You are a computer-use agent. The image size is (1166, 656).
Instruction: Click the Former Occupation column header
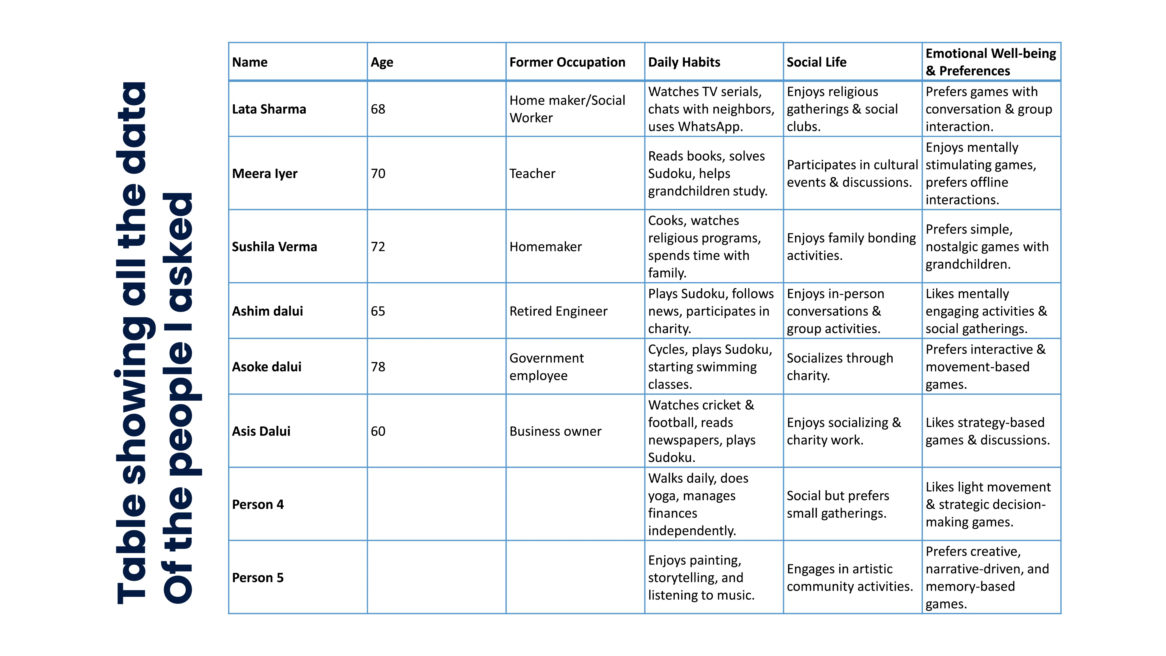(567, 62)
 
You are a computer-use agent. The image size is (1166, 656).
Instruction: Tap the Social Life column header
(816, 62)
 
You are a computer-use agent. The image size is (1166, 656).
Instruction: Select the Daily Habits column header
(684, 62)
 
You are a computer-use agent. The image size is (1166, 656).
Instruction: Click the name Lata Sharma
(269, 109)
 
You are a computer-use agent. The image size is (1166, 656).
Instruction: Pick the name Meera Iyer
(264, 173)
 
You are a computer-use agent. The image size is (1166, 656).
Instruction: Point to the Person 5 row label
(258, 578)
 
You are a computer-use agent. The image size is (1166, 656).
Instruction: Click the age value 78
(378, 367)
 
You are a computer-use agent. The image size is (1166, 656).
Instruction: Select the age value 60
(378, 431)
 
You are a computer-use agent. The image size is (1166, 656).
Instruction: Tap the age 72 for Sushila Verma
(378, 247)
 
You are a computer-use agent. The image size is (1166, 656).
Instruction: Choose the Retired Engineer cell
(558, 311)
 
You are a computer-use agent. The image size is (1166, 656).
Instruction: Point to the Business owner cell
(555, 431)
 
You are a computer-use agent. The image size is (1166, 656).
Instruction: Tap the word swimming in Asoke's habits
(729, 367)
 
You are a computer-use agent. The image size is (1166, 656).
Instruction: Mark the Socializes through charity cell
(840, 367)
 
